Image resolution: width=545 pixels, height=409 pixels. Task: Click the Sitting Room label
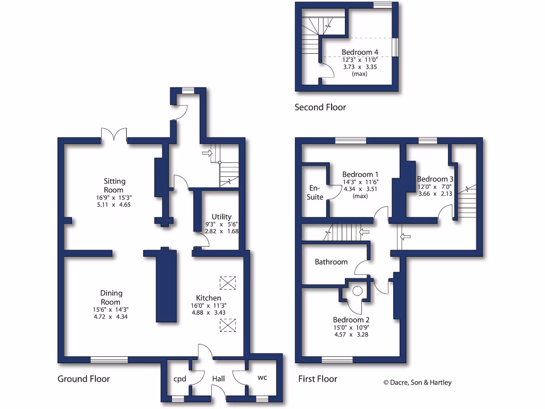[x=114, y=186]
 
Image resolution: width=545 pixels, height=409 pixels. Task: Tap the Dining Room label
[x=111, y=297]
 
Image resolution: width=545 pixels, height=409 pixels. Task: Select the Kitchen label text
[x=209, y=298]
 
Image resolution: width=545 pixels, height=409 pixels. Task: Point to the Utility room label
[x=221, y=217]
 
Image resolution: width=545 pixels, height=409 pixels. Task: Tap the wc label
[x=262, y=378]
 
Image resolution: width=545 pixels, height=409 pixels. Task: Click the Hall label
[x=219, y=379]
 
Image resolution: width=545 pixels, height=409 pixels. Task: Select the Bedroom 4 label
[x=360, y=52]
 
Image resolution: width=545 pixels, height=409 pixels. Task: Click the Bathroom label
[x=331, y=262]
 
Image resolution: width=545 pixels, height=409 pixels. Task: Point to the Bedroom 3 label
[x=435, y=179]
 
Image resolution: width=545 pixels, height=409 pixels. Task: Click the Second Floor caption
[x=320, y=108]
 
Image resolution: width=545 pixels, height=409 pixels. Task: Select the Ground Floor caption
[x=84, y=379]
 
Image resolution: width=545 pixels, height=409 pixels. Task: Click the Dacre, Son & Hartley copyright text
[x=417, y=382]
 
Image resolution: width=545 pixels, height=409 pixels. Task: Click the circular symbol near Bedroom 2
[x=358, y=290]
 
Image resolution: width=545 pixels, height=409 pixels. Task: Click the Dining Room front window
[x=109, y=359]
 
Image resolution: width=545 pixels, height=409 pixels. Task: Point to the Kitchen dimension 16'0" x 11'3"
[x=209, y=306]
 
